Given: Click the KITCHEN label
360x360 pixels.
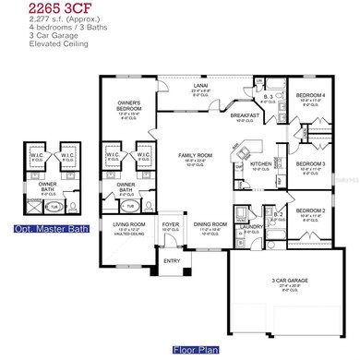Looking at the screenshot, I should [x=259, y=163].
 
